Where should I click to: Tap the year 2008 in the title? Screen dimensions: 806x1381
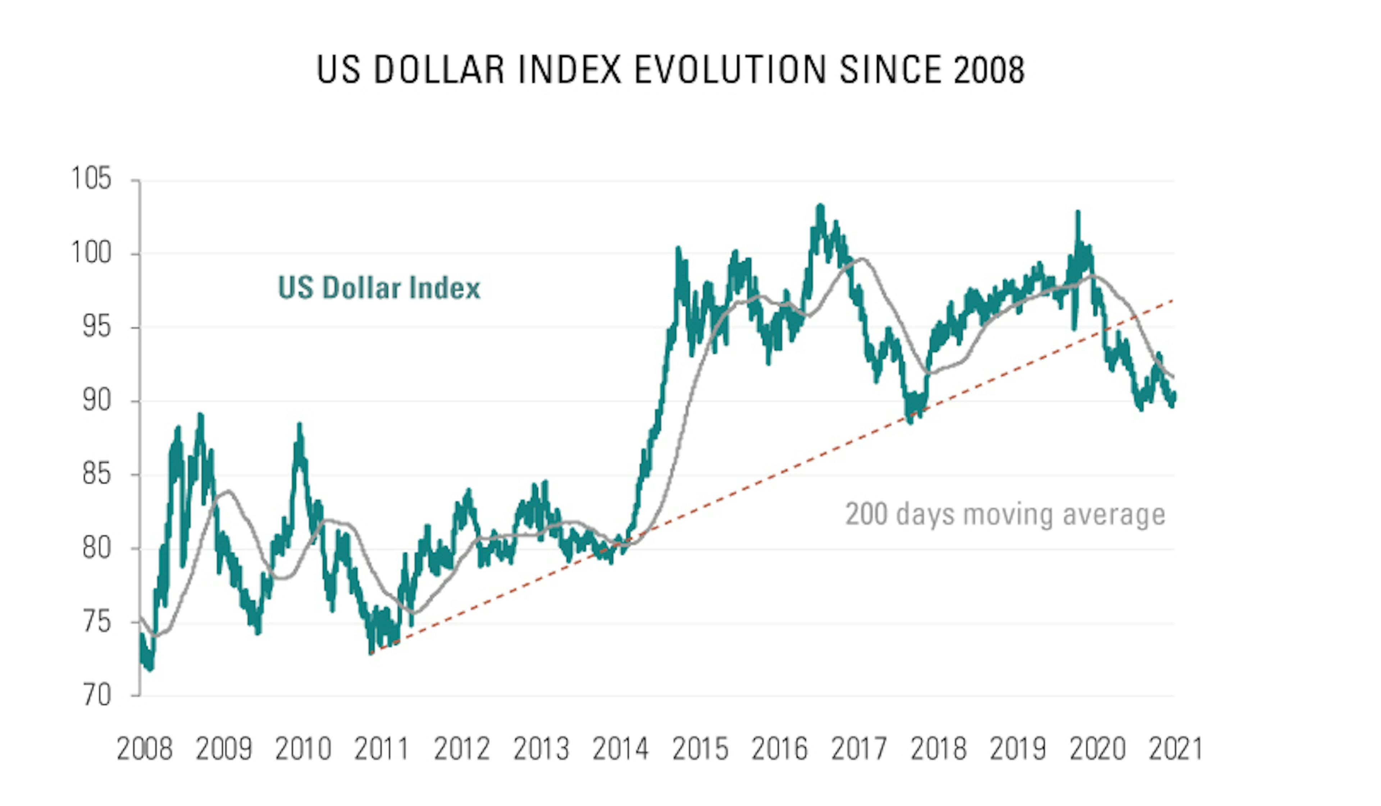[989, 70]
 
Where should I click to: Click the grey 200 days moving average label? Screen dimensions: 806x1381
[1005, 514]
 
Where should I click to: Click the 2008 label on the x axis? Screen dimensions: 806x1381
[145, 748]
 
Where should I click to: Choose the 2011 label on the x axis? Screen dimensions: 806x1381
[382, 748]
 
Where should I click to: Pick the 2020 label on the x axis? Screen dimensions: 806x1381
[1097, 748]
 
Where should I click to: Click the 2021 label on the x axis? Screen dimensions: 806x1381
[1176, 748]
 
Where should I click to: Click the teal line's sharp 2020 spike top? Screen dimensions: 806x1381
[1078, 211]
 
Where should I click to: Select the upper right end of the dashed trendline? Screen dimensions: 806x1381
[1173, 300]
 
